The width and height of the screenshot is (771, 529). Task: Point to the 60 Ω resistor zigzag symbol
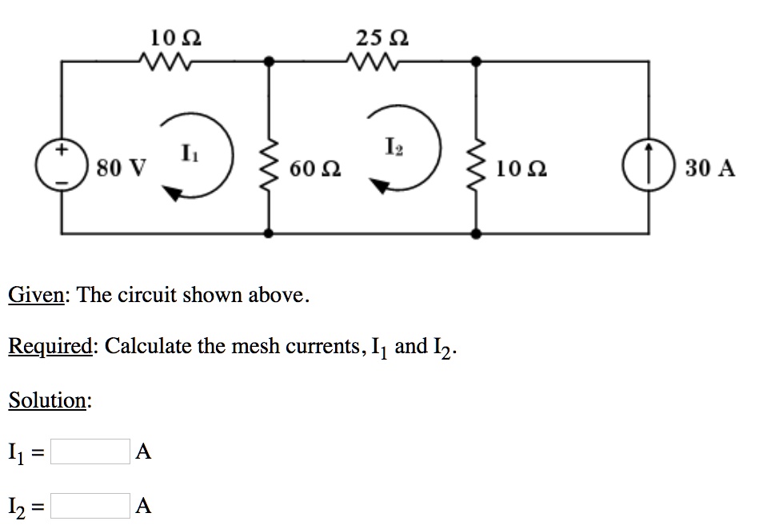click(269, 168)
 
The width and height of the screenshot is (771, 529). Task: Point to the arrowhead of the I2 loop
click(380, 187)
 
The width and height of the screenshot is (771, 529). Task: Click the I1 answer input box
click(90, 452)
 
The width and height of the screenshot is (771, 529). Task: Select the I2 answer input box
click(90, 505)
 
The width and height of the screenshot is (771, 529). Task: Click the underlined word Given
click(36, 296)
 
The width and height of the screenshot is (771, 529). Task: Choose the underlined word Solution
click(47, 400)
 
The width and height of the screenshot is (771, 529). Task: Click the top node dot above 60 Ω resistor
click(269, 61)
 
